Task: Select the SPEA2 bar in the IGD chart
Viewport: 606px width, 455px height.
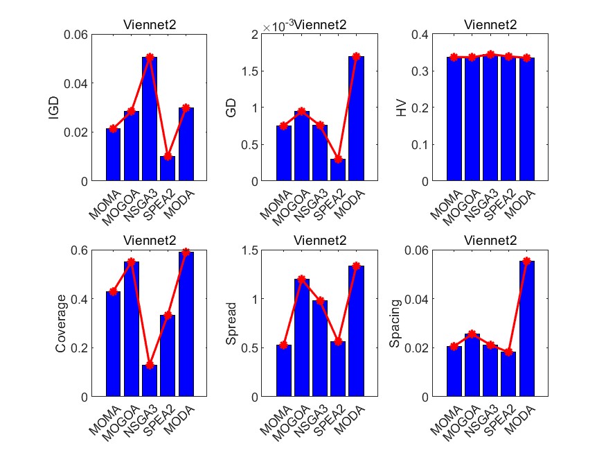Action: tap(168, 169)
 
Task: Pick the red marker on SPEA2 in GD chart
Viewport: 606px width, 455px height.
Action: tap(338, 159)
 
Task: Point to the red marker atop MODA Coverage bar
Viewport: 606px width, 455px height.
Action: tap(186, 252)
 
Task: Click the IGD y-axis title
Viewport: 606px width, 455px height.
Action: tap(54, 108)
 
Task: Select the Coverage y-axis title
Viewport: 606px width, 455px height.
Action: tap(61, 323)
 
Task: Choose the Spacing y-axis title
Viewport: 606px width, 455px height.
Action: tap(395, 323)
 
